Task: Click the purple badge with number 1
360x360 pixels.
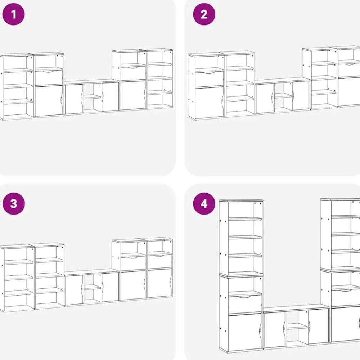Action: tap(13, 14)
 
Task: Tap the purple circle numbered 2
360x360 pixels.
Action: tap(204, 14)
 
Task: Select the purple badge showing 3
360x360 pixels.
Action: tap(14, 204)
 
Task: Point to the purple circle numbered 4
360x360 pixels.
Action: tap(204, 204)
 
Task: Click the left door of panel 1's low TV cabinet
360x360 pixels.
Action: tap(74, 99)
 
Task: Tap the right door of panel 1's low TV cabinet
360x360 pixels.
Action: tap(110, 96)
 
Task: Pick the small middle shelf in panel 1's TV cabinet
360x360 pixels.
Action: tap(92, 97)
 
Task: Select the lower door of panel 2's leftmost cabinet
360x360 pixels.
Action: tap(209, 102)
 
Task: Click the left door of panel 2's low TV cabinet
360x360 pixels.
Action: tap(265, 99)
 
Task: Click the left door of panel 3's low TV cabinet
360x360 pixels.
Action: tap(74, 290)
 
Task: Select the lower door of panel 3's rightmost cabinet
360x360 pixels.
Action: tap(159, 283)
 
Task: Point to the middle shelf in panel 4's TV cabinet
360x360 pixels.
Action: tap(297, 327)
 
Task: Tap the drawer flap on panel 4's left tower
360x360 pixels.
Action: tap(245, 305)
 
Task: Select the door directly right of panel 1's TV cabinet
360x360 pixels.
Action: tap(134, 95)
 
